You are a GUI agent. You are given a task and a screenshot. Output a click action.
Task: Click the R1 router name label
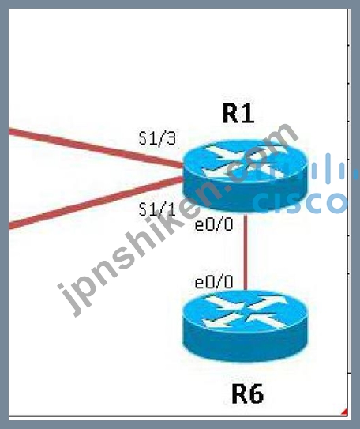(238, 114)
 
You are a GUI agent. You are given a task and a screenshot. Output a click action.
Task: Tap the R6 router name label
(248, 393)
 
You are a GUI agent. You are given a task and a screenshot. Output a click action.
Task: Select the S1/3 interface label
(157, 138)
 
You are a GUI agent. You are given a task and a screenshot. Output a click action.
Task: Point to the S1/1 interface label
(157, 209)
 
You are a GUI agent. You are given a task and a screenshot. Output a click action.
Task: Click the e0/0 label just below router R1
(214, 225)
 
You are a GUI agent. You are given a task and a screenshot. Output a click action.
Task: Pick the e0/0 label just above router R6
(214, 282)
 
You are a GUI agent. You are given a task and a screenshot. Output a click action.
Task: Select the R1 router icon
(246, 175)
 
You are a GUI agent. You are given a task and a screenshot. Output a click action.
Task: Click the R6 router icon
(246, 326)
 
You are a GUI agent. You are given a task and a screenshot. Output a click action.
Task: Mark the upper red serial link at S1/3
(96, 149)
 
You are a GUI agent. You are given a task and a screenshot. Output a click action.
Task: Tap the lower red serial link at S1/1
(96, 203)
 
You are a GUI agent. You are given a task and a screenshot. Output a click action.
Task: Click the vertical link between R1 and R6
(246, 251)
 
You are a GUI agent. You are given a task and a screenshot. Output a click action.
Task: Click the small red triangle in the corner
(345, 412)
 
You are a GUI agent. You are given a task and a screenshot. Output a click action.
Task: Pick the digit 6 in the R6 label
(256, 394)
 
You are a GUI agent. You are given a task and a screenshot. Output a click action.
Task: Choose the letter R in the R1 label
(231, 114)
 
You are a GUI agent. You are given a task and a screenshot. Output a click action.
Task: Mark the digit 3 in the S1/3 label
(171, 138)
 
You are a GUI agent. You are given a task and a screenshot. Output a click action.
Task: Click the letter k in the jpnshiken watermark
(182, 219)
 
